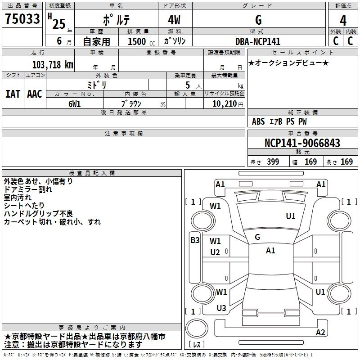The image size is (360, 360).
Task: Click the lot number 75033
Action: (22, 19)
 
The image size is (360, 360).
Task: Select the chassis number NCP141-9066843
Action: (302, 143)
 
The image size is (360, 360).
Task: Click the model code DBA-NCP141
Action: (257, 41)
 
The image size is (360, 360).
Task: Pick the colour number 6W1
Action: (74, 103)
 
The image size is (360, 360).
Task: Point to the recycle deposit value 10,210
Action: (224, 103)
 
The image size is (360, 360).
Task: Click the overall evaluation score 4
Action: (343, 20)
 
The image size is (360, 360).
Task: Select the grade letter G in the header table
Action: (258, 20)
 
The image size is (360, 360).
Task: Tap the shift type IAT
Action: (13, 94)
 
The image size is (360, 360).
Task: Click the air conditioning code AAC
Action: (35, 94)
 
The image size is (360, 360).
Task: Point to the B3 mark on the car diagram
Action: (194, 240)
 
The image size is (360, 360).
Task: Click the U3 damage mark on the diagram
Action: (221, 308)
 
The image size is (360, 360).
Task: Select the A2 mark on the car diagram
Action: (320, 333)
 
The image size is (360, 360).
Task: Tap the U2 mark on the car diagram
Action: (215, 252)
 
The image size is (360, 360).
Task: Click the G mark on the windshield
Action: (257, 237)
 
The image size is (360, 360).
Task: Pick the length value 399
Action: (271, 162)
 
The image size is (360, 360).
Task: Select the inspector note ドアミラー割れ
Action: (28, 189)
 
